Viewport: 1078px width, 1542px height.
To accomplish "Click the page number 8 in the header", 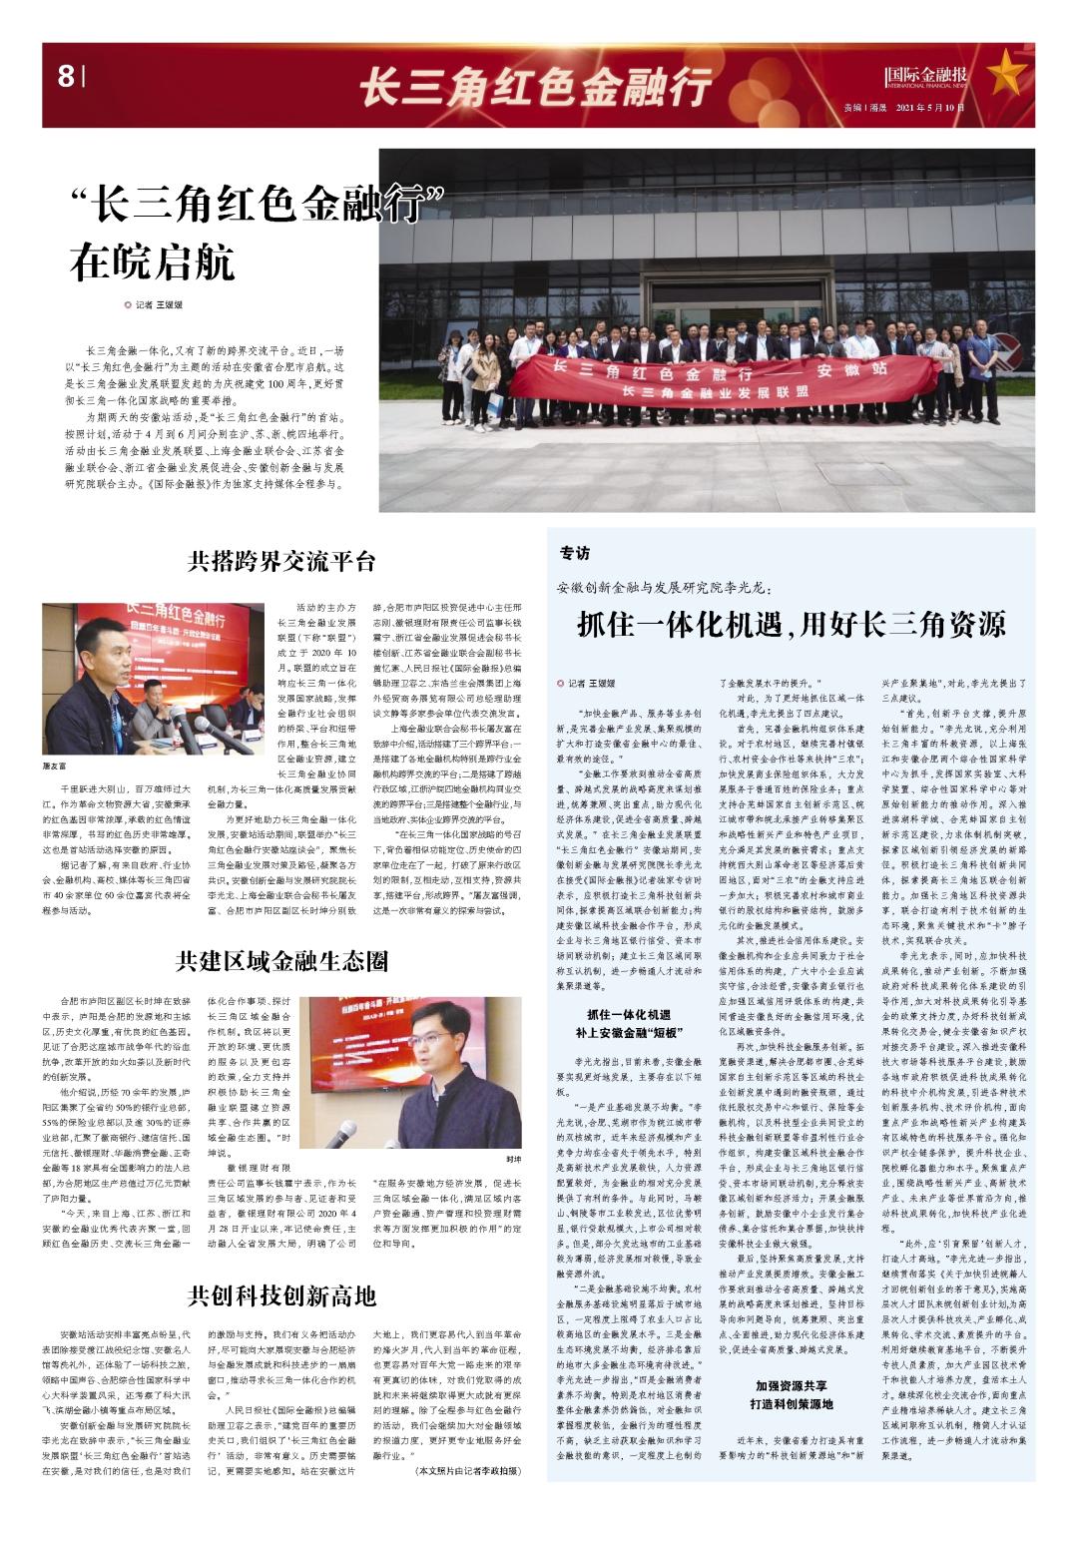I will click(66, 76).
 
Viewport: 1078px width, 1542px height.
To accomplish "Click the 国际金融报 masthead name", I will click(927, 75).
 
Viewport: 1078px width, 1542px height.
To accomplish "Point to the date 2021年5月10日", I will click(931, 107).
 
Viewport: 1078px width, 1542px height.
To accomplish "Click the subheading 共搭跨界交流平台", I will click(281, 561).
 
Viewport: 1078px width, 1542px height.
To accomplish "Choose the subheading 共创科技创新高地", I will click(281, 1295).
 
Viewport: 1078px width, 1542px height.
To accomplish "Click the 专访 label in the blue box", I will click(575, 553).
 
